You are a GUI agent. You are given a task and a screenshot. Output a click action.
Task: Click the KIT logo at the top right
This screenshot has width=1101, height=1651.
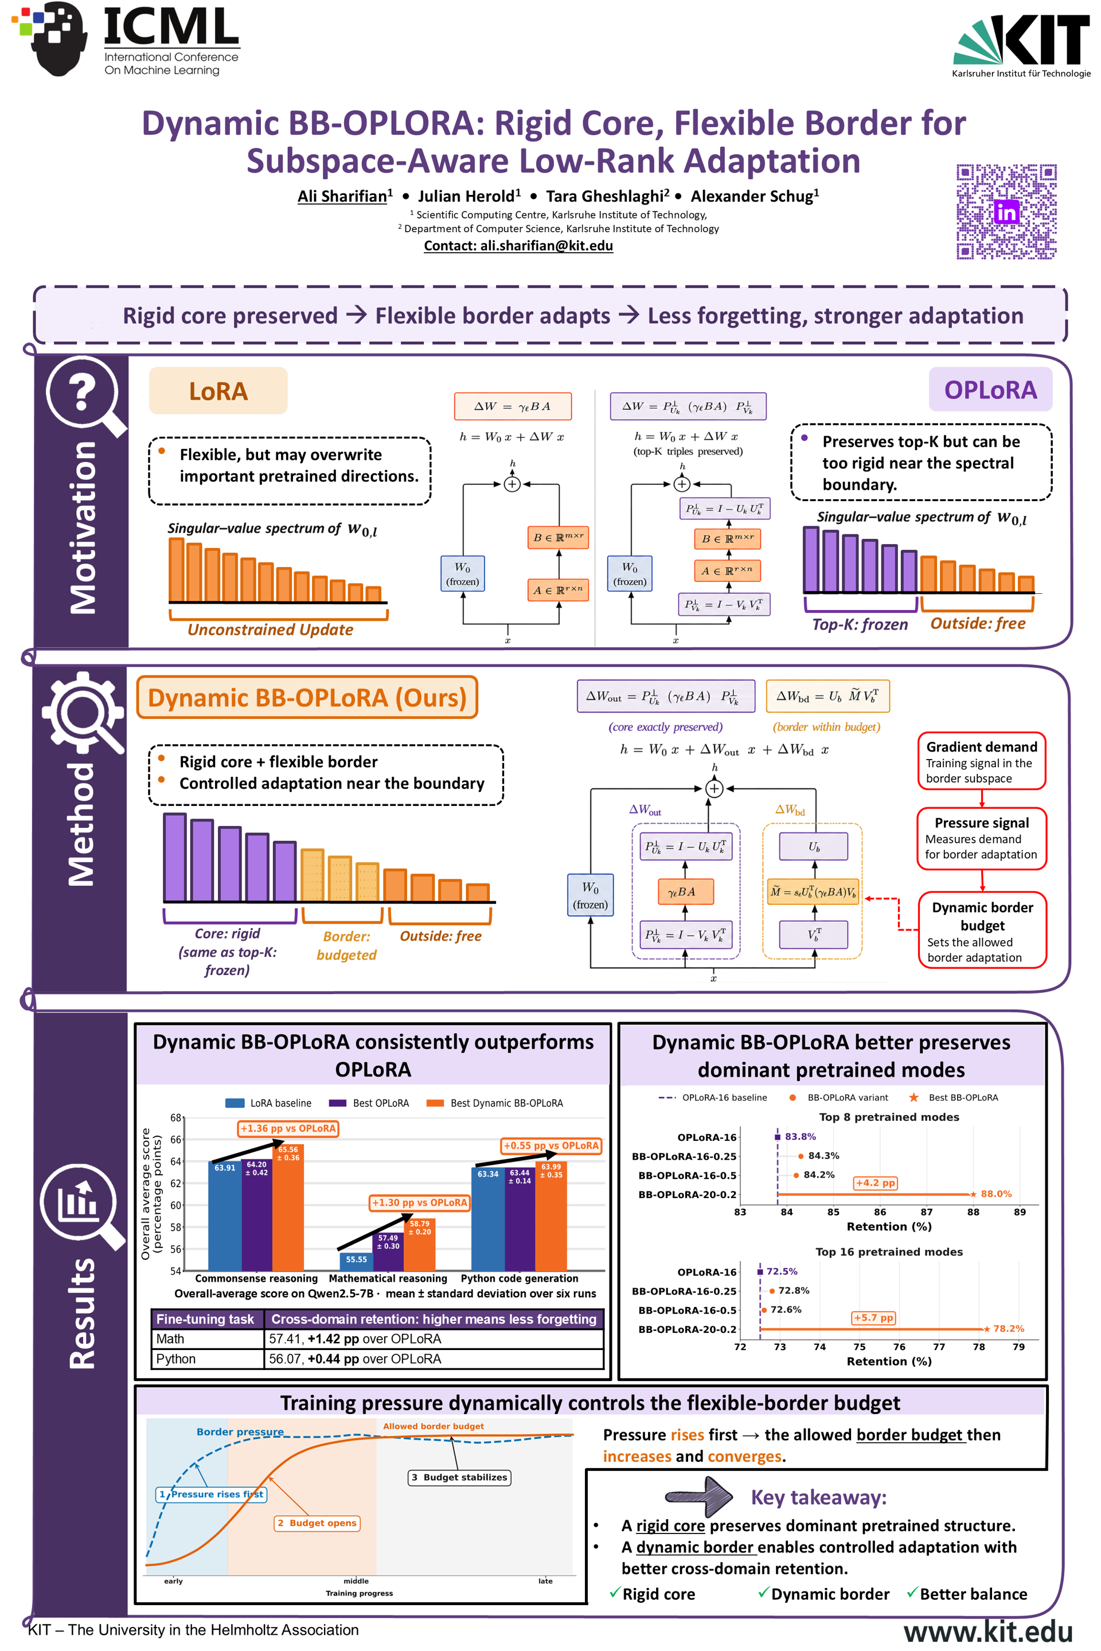point(1021,46)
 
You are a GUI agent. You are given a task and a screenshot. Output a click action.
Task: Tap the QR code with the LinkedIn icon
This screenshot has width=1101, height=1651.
point(1006,212)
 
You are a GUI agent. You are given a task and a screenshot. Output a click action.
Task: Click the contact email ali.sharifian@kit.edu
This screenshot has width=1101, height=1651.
point(546,246)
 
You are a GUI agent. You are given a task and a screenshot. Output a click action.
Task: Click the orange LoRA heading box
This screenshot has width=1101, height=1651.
point(218,390)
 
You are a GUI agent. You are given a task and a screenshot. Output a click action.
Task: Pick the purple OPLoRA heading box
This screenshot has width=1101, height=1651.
point(990,390)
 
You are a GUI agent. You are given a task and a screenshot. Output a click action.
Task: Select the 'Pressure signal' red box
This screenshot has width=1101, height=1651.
point(982,839)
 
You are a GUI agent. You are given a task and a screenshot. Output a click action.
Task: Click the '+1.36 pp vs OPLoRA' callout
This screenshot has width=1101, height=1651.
point(288,1128)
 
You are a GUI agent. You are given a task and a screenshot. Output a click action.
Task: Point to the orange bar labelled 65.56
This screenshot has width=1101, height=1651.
point(288,1207)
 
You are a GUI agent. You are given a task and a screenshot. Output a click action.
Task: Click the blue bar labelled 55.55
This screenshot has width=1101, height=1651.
point(356,1261)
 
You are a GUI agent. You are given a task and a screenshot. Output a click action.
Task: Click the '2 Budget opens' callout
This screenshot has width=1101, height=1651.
point(317,1523)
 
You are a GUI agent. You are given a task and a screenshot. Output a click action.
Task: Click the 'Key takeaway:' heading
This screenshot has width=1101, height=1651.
point(819,1497)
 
